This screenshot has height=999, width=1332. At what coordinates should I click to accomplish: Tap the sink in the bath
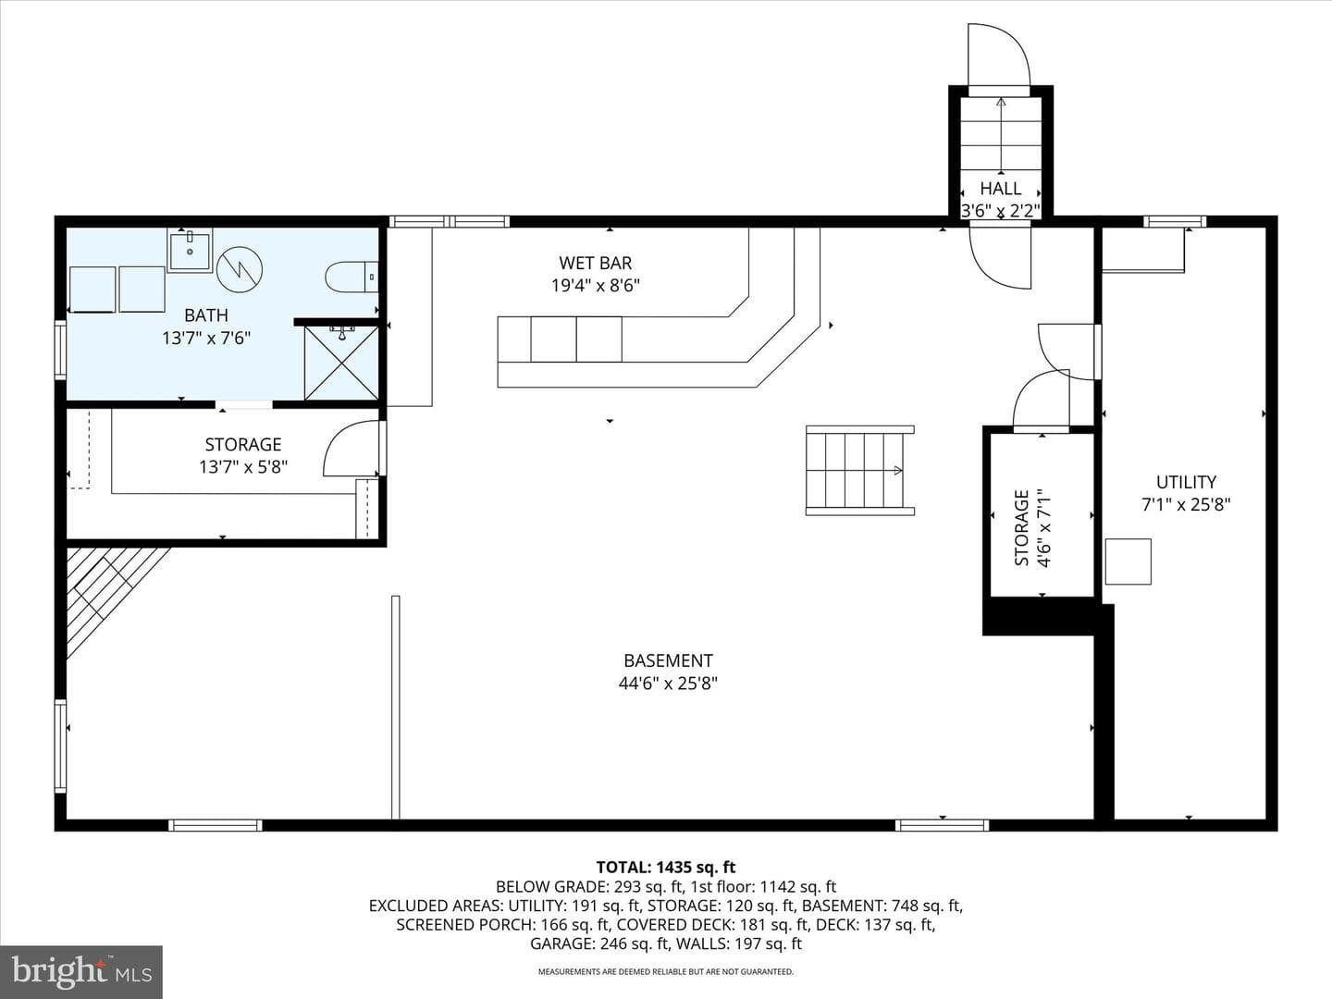click(x=190, y=250)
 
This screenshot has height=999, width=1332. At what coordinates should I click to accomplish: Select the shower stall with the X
click(x=341, y=363)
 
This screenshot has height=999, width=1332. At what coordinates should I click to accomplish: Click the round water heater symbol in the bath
click(x=239, y=269)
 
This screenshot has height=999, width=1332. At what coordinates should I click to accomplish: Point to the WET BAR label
click(x=596, y=264)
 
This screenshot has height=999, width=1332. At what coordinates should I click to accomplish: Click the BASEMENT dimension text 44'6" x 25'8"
click(x=668, y=684)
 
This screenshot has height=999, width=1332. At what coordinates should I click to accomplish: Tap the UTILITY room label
click(x=1186, y=482)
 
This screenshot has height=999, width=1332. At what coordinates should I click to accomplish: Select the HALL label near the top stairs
click(x=1001, y=188)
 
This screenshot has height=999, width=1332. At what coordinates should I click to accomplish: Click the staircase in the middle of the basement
click(x=860, y=471)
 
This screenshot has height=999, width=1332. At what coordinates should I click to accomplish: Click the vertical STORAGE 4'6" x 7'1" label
click(x=1032, y=527)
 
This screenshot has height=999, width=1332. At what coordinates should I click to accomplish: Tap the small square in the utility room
click(x=1128, y=561)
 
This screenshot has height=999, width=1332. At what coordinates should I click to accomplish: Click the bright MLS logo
click(x=81, y=971)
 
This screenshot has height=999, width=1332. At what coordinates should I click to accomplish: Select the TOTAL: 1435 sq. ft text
click(x=666, y=868)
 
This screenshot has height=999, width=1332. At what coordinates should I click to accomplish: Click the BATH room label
click(x=206, y=315)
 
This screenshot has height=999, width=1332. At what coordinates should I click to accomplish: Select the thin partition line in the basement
click(x=396, y=708)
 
